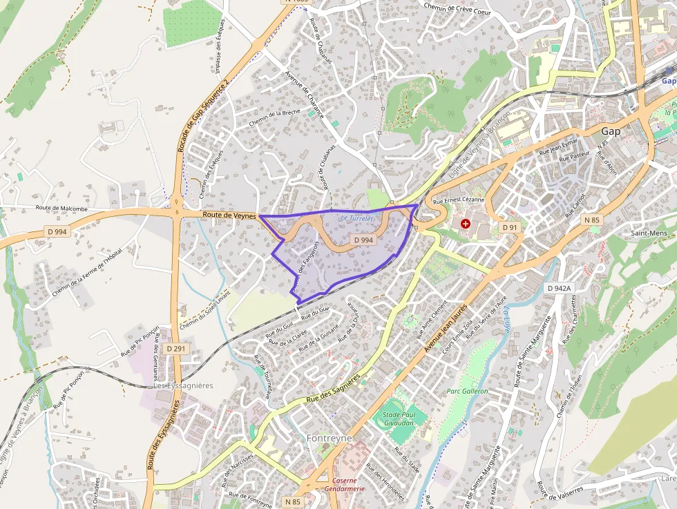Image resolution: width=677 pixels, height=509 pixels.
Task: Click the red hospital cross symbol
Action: [x=466, y=224]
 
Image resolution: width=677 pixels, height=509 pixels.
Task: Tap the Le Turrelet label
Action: [x=356, y=218]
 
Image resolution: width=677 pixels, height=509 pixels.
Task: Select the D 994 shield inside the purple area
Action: [x=363, y=240]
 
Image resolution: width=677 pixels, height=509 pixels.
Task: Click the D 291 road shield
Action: [x=176, y=349]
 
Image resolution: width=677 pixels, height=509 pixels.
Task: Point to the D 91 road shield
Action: [x=510, y=227]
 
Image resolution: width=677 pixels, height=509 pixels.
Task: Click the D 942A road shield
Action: [x=559, y=288]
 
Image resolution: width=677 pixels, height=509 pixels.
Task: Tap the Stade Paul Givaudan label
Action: [x=400, y=419]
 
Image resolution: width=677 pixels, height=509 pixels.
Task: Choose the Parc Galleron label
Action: [x=467, y=391]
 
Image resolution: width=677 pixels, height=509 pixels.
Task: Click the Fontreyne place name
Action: [x=329, y=438]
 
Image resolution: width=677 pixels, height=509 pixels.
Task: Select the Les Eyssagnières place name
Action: [x=183, y=385]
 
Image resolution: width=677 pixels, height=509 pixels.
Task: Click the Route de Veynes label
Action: [x=229, y=216]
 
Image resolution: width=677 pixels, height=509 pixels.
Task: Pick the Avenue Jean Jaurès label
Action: [x=446, y=329]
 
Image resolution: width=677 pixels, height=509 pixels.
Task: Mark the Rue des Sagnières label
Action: [x=333, y=389]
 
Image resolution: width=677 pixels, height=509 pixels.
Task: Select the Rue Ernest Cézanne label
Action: [x=457, y=200]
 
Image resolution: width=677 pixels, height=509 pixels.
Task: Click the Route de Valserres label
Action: [x=560, y=490]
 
